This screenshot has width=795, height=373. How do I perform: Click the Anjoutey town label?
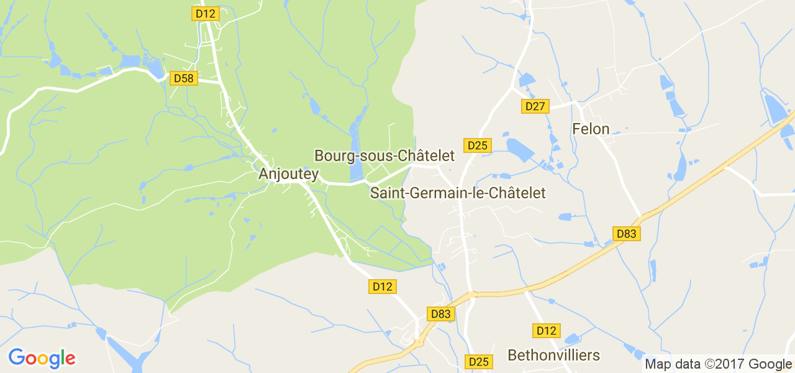tap(288, 175)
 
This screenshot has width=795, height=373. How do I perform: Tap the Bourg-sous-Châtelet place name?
tap(384, 155)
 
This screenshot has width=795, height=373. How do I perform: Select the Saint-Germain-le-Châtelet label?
tap(458, 193)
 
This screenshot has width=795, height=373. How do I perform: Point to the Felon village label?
tap(590, 129)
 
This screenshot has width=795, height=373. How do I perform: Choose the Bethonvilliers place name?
tap(553, 356)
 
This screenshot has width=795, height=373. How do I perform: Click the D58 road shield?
tap(183, 78)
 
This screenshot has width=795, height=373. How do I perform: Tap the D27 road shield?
tap(535, 106)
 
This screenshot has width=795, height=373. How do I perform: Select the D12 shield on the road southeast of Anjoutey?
tap(383, 287)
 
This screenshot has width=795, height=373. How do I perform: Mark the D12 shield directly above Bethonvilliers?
tap(547, 331)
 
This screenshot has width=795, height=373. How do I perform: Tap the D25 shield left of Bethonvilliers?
tap(479, 362)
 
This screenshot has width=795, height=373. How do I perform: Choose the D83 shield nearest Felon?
tap(627, 234)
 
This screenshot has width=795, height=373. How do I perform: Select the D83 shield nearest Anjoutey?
tap(440, 314)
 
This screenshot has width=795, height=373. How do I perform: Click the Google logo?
tap(42, 359)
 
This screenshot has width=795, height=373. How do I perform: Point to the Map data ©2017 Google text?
tap(718, 364)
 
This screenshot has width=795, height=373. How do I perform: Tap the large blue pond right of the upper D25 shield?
tap(520, 150)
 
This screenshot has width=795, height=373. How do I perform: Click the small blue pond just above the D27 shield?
tap(526, 80)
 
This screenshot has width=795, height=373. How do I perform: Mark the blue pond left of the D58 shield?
tap(132, 61)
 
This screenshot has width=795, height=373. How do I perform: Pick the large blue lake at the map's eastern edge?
tap(775, 108)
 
